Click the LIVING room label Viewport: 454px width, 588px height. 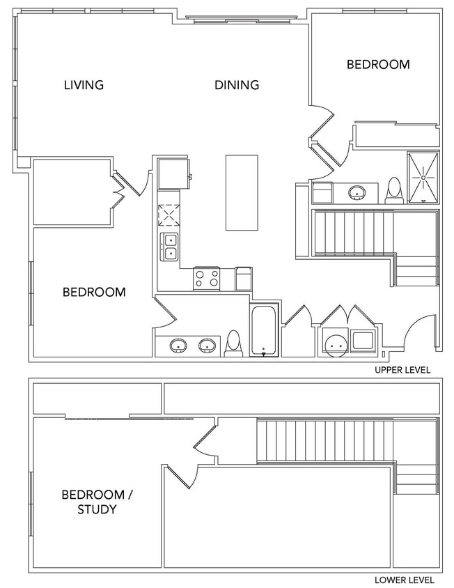[84, 86]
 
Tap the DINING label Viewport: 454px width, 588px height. [237, 86]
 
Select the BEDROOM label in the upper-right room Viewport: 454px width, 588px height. [378, 65]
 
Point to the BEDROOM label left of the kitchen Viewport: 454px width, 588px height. [94, 292]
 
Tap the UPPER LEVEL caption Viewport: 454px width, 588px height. [402, 370]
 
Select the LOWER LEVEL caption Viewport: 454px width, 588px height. [403, 580]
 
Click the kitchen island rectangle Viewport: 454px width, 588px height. [241, 192]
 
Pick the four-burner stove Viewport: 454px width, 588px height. [206, 279]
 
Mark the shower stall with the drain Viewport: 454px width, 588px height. [423, 177]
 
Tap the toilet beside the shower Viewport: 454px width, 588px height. [395, 190]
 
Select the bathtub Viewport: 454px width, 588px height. [264, 330]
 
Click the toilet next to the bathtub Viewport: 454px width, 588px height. [233, 343]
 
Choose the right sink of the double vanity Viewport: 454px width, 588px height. [207, 345]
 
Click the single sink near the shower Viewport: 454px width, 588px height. [358, 192]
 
